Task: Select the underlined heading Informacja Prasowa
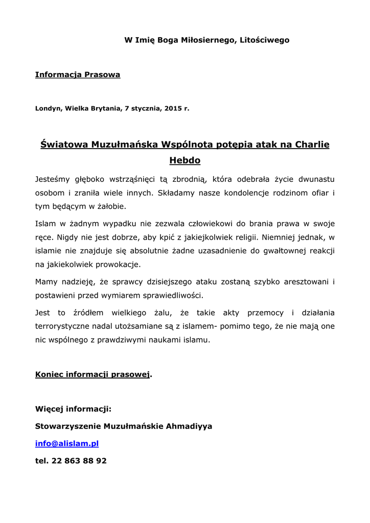(78, 75)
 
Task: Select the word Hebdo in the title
(184, 160)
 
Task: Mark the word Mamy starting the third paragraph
(46, 282)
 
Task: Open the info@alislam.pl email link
(66, 443)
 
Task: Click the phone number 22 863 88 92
(79, 461)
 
